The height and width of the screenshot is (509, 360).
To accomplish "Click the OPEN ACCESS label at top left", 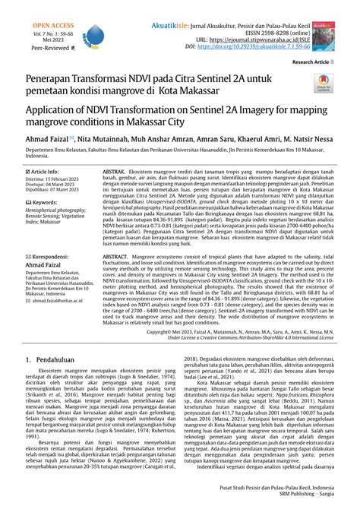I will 29,7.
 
